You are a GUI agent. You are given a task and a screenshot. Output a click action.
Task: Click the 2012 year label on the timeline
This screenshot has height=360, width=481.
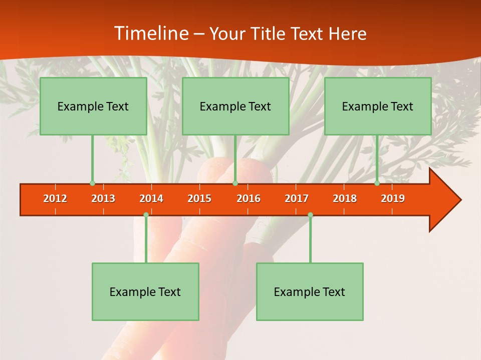55,198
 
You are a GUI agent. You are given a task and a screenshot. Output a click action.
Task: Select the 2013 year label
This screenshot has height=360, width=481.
103,198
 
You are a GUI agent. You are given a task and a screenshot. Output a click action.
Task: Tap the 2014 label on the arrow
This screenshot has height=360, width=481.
151,198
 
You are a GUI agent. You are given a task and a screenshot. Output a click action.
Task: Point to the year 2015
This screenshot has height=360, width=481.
199,198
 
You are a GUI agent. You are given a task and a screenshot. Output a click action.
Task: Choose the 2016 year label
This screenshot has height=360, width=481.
249,198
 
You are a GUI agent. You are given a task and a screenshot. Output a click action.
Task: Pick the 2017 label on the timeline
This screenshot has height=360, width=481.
297,198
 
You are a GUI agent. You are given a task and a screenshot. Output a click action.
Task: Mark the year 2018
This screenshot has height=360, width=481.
345,198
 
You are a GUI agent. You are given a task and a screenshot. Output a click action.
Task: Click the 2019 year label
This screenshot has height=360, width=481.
393,198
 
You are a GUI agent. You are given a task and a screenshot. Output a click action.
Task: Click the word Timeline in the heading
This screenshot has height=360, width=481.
150,33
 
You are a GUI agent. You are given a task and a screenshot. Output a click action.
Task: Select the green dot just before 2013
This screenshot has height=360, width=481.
92,183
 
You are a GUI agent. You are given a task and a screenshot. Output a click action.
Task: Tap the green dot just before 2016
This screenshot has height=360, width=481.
235,183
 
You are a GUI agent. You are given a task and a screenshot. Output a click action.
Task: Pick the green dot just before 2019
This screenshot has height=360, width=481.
377,183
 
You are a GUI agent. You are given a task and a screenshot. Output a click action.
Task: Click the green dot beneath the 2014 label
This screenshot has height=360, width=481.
146,215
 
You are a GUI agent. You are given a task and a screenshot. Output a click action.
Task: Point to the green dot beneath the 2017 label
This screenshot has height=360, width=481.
310,215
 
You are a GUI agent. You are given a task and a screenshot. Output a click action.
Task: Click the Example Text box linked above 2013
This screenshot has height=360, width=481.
93,106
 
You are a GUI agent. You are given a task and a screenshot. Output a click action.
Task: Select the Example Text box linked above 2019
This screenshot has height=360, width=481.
378,106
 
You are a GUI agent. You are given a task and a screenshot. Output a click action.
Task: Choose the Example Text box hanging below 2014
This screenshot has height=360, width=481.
145,292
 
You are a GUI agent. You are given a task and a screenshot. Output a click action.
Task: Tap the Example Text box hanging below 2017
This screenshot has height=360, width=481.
310,292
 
